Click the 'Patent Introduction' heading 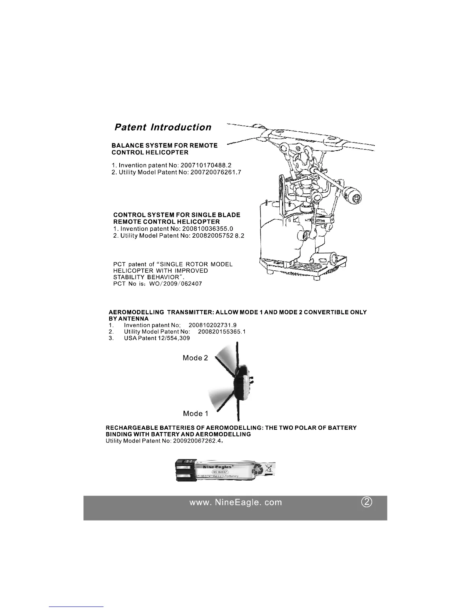click(163, 127)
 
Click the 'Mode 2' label click(195, 358)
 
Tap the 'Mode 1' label click(195, 414)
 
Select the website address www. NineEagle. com click(235, 503)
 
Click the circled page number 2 click(367, 502)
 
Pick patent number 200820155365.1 click(222, 332)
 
